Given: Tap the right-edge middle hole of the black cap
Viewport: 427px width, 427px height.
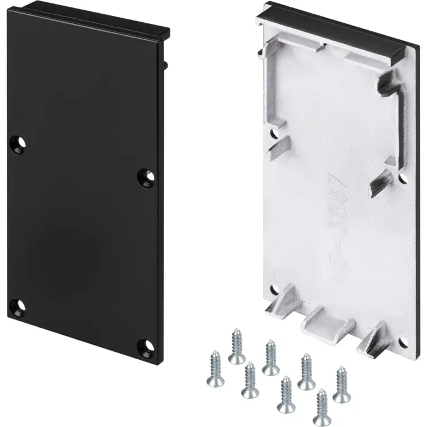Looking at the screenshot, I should (146, 177).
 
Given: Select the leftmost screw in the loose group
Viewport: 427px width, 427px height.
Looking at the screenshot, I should (215, 364).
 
